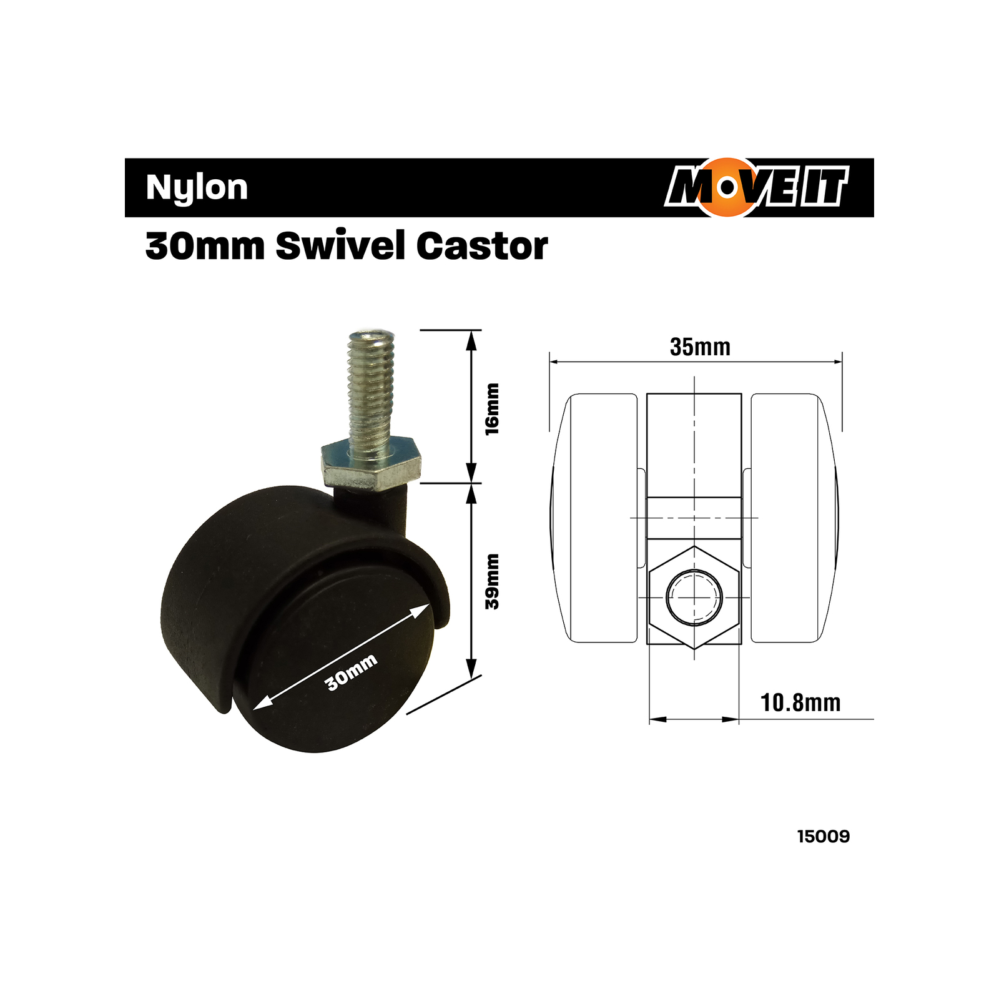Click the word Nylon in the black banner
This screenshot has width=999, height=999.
197,187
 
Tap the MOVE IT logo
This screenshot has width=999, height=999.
757,187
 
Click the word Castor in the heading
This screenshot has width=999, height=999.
482,245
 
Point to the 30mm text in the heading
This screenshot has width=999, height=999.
205,245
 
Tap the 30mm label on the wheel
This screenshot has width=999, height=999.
352,672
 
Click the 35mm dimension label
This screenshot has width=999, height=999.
700,347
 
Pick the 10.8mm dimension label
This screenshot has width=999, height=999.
800,703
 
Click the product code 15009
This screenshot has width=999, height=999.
823,837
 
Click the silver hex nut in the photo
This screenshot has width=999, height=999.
370,465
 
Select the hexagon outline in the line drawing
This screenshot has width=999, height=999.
694,556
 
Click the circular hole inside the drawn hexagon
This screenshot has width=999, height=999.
694,598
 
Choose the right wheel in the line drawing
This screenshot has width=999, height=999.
790,518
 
